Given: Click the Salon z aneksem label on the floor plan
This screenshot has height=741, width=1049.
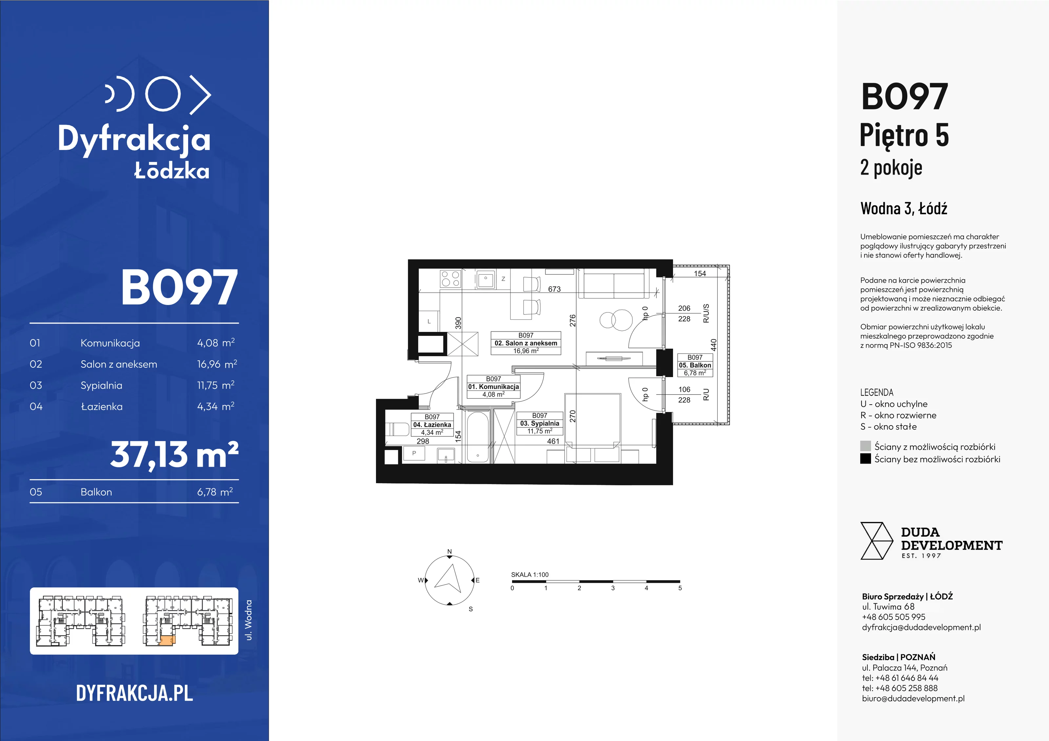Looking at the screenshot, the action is point(526,343).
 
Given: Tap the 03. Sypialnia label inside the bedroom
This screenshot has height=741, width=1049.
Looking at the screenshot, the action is point(540,423).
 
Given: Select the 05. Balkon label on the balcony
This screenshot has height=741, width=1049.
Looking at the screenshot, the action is point(695,365).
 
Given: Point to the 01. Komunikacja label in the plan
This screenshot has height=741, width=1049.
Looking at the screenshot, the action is point(493,387).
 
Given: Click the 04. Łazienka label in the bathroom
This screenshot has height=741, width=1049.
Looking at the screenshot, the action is point(432,425).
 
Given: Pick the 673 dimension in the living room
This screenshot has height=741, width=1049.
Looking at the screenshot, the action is point(554,289).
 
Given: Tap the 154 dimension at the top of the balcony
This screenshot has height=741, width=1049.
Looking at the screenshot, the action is point(700,274).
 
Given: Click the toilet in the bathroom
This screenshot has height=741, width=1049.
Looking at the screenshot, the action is point(398,429).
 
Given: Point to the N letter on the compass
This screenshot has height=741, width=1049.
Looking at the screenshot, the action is point(449,552).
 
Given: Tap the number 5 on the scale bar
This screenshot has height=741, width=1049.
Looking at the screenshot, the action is point(680,588).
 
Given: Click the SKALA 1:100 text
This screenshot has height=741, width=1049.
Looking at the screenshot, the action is point(529,575).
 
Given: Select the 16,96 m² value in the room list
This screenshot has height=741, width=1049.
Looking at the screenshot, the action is point(217,364).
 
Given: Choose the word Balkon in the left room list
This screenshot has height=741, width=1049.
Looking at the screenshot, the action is point(96,492).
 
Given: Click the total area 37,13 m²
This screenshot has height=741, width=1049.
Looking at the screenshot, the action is point(174,455).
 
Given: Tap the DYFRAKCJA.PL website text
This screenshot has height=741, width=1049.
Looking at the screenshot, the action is point(134,693).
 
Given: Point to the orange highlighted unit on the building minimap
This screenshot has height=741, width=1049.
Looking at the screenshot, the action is point(167,640).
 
